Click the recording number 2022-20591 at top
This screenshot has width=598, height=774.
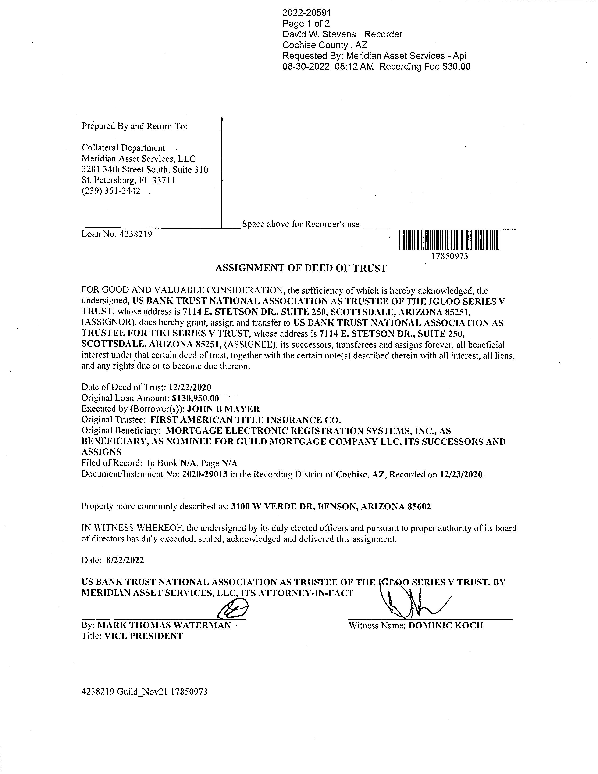point(306,13)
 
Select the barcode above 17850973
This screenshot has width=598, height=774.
point(449,241)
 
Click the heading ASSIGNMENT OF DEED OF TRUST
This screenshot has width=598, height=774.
point(301,268)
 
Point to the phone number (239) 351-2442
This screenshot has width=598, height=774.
point(111,191)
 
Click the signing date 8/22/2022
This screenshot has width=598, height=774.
point(125,560)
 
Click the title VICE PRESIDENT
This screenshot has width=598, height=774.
point(143,636)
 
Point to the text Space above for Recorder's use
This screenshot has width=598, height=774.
point(300,224)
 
